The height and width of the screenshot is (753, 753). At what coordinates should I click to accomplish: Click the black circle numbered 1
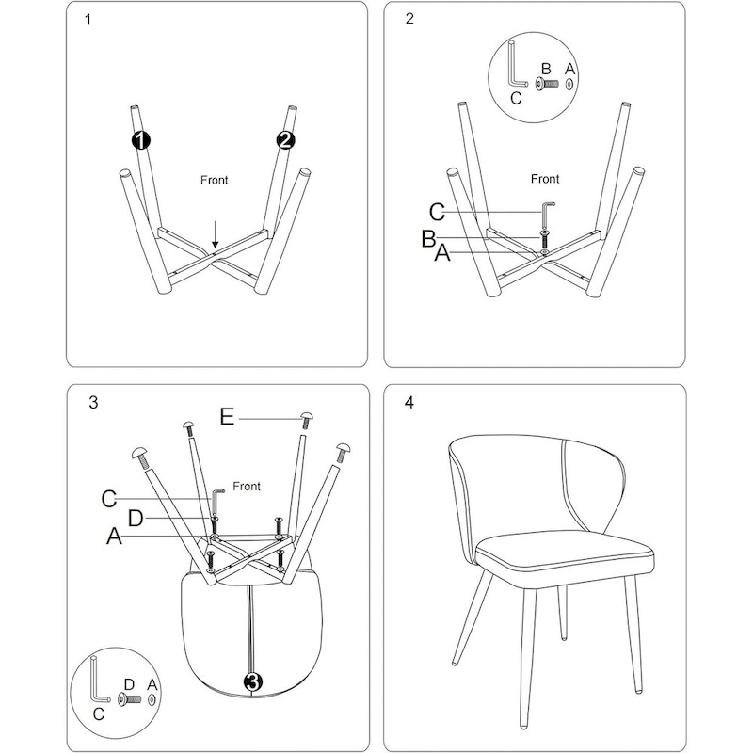[x=140, y=140]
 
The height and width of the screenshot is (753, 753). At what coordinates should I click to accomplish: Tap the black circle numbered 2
[x=285, y=140]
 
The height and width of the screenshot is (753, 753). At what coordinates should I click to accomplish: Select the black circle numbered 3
[x=253, y=681]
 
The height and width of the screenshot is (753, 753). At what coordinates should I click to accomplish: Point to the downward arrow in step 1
[x=216, y=234]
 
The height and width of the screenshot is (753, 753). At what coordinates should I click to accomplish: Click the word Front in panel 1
[x=215, y=180]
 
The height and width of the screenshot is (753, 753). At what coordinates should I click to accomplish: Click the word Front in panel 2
[x=545, y=179]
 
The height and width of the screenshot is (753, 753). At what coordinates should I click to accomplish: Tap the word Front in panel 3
[x=247, y=486]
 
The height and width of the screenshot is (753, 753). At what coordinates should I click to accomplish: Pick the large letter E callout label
[x=227, y=416]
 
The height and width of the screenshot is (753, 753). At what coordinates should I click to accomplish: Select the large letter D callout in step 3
[x=136, y=519]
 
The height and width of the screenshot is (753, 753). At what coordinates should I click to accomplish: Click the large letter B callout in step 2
[x=428, y=239]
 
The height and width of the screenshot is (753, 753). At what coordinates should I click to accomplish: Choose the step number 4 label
[x=409, y=403]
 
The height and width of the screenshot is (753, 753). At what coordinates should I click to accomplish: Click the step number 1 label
[x=88, y=20]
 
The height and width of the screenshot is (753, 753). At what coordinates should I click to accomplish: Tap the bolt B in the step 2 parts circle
[x=547, y=84]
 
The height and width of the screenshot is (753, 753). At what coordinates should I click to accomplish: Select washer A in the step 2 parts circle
[x=569, y=84]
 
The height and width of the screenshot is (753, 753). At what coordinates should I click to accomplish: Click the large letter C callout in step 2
[x=437, y=212]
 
